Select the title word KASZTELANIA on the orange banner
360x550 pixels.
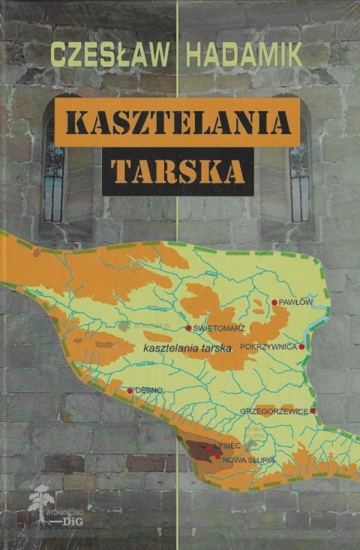(177, 121)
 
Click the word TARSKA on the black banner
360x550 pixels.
(177, 171)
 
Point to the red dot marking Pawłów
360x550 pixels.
(274, 302)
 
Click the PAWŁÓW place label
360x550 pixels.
(295, 302)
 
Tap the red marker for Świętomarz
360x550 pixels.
(188, 327)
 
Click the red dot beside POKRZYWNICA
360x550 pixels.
(301, 347)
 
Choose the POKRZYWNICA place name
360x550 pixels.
(268, 347)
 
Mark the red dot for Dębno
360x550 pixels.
(130, 390)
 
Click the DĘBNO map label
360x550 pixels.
(148, 390)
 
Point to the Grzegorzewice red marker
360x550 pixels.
(313, 411)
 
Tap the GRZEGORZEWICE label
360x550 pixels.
(275, 411)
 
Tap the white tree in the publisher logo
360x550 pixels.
(39, 507)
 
